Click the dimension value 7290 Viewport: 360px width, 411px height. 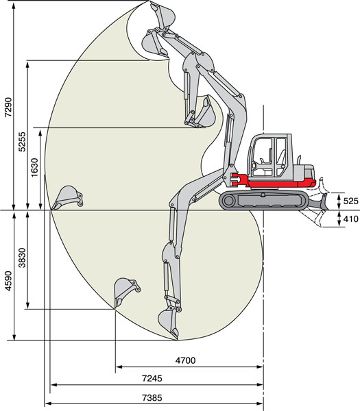[x=8, y=107]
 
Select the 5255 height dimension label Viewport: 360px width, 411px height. [x=23, y=142]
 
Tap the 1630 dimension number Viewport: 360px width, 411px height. [x=34, y=167]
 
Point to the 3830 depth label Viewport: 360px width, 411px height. [x=23, y=258]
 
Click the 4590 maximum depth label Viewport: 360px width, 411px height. [x=8, y=281]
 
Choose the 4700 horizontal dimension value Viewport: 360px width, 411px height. [x=185, y=360]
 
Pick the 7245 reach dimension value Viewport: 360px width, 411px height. [x=152, y=378]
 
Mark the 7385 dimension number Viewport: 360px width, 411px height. [x=152, y=397]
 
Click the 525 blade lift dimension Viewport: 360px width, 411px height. [x=350, y=201]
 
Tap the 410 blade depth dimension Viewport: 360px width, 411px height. [x=350, y=219]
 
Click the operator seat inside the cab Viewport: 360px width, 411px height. [x=281, y=159]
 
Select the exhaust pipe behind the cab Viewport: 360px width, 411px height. [x=298, y=160]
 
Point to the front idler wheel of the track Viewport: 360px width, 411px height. [x=229, y=201]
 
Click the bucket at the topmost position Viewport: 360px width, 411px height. [x=163, y=15]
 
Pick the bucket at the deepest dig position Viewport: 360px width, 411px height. [x=168, y=323]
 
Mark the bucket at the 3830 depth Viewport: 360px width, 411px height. [x=126, y=292]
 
